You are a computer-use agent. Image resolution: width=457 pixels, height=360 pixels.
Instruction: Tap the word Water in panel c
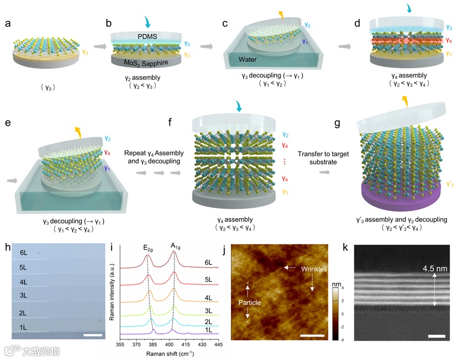253,59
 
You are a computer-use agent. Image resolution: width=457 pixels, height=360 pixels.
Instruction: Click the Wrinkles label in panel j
313,268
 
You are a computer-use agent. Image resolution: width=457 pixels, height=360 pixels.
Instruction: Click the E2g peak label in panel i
148,248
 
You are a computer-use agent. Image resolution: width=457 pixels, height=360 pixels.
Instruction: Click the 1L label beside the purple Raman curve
209,331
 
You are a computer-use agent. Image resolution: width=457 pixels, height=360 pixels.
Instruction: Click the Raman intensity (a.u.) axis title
112,292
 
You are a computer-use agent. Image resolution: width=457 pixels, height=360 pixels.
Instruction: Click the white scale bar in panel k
436,336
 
